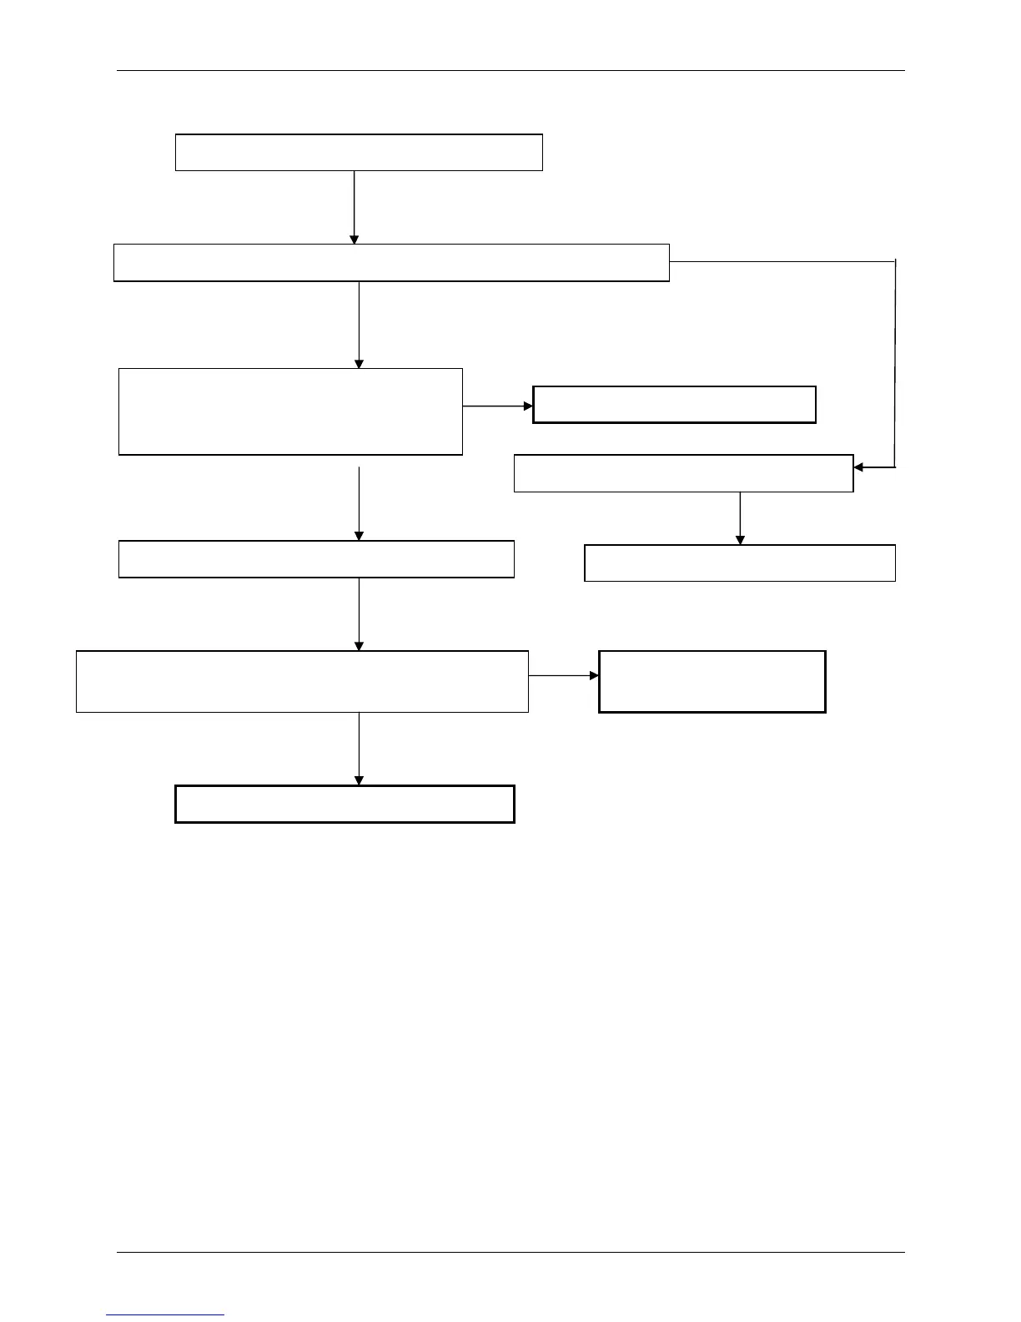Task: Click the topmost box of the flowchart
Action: click(x=359, y=152)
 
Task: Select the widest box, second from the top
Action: click(x=391, y=262)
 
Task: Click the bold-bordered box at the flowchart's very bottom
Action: click(x=345, y=804)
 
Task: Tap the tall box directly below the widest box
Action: click(x=290, y=411)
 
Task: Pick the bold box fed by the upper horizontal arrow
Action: click(x=674, y=405)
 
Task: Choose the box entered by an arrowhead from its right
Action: click(x=683, y=473)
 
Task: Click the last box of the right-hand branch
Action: click(x=740, y=563)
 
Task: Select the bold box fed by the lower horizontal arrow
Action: click(x=712, y=681)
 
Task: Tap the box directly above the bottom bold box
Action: click(x=302, y=681)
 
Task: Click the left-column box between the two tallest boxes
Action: click(x=316, y=559)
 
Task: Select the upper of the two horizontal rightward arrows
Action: click(x=498, y=406)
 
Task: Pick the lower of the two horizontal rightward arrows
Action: click(x=564, y=675)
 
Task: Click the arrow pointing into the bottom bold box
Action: click(x=359, y=749)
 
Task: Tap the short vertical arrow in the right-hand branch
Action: click(x=740, y=517)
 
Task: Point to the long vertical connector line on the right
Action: click(x=895, y=363)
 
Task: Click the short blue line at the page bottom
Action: click(x=165, y=1314)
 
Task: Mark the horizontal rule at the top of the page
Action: click(x=510, y=71)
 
